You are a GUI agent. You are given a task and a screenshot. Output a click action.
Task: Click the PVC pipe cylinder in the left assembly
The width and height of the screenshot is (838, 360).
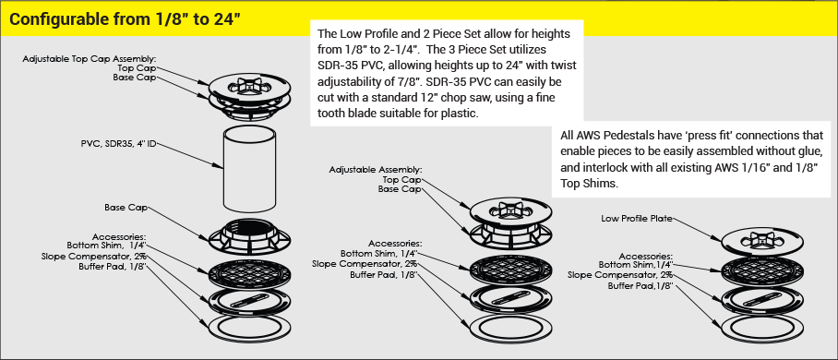[248, 170]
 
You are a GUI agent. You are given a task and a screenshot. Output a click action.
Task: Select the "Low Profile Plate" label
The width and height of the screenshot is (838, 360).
[637, 218]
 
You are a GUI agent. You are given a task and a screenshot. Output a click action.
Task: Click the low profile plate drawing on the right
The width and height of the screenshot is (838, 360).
[755, 241]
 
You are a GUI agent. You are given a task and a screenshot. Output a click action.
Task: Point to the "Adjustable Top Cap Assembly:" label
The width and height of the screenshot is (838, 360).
[90, 59]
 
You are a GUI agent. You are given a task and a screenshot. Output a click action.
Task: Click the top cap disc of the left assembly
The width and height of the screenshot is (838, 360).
[248, 87]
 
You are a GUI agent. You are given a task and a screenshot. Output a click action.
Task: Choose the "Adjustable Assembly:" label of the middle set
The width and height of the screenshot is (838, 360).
[375, 170]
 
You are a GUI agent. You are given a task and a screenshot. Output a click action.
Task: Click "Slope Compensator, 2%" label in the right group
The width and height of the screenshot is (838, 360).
[620, 275]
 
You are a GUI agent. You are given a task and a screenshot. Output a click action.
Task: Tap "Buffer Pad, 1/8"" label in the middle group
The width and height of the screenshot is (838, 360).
[383, 275]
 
